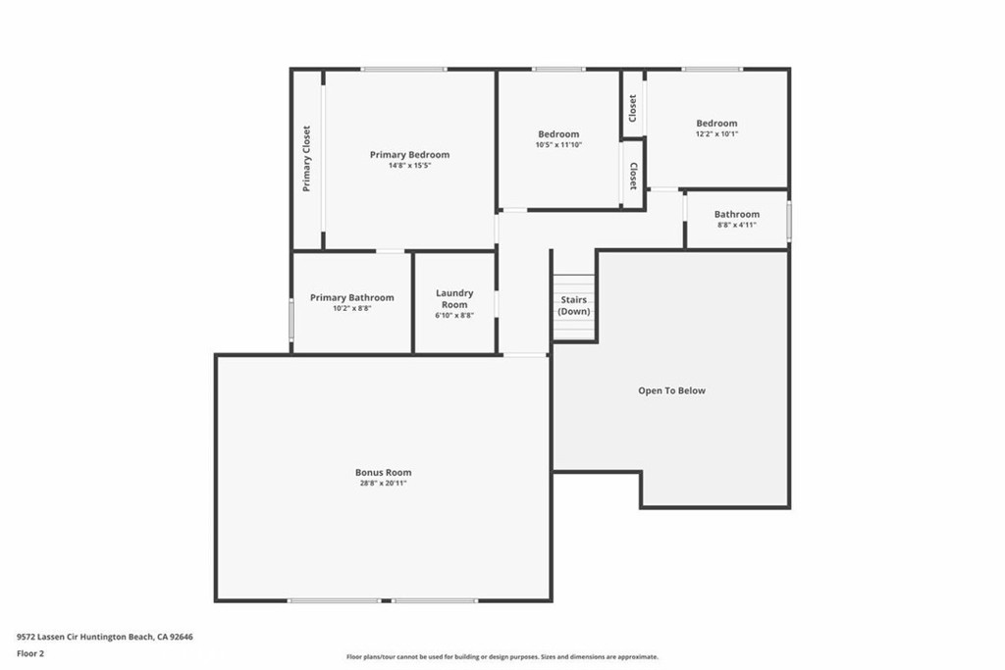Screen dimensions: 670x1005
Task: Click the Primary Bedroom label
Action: (x=409, y=155)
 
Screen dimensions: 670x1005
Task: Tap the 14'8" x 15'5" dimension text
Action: (x=409, y=166)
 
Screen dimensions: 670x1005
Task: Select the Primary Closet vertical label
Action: (x=307, y=159)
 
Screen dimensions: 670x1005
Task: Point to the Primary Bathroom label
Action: (x=351, y=297)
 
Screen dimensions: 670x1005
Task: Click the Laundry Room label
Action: (x=454, y=298)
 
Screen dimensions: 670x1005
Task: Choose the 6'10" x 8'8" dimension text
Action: (x=454, y=316)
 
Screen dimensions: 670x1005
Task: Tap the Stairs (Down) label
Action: (x=574, y=305)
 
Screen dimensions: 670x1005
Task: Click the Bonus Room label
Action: (x=383, y=472)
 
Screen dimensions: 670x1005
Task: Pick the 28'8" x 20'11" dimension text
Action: (x=383, y=483)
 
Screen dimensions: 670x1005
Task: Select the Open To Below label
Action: (x=671, y=390)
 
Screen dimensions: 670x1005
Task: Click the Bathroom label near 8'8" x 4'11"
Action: (x=736, y=214)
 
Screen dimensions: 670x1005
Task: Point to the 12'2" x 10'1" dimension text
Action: (x=716, y=134)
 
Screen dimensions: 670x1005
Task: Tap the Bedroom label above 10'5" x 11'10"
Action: (x=558, y=134)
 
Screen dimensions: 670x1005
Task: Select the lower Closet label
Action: (x=633, y=177)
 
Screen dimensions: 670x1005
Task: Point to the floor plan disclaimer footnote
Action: (x=502, y=657)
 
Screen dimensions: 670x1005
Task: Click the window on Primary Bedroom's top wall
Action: (x=402, y=69)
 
